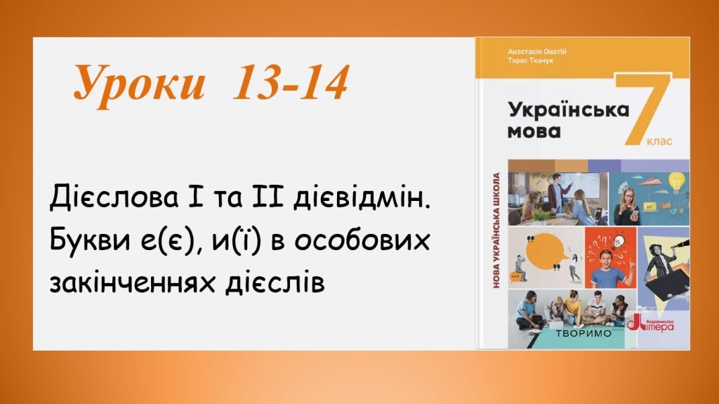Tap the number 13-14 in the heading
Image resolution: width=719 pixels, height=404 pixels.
click(289, 86)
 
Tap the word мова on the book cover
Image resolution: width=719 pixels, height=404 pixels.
click(534, 131)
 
